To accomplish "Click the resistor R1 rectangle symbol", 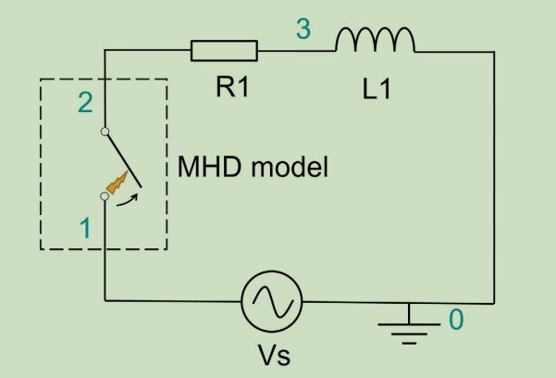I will [x=224, y=50].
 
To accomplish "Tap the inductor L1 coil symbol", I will [x=375, y=40].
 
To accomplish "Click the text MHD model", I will [x=253, y=169].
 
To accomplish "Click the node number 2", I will [x=85, y=103].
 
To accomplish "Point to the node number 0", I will [x=455, y=321].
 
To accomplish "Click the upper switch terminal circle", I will [x=105, y=131].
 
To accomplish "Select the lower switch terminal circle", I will [x=105, y=196].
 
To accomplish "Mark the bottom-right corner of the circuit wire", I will [x=495, y=301].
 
